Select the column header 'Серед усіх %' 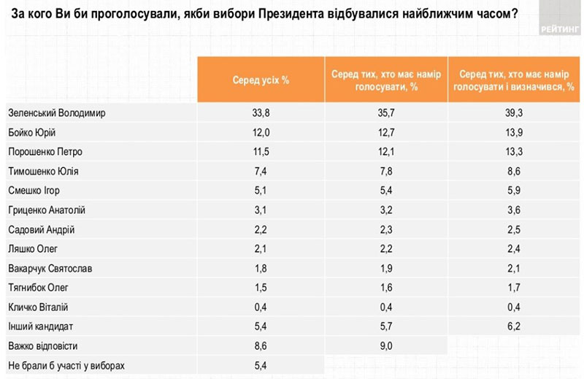[261, 80]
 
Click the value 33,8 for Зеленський [261, 113]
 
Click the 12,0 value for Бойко [261, 132]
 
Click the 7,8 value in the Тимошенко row [388, 172]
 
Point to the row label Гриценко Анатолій [47, 210]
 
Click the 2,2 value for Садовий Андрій [261, 230]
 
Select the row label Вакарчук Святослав [50, 268]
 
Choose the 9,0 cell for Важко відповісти [388, 345]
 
